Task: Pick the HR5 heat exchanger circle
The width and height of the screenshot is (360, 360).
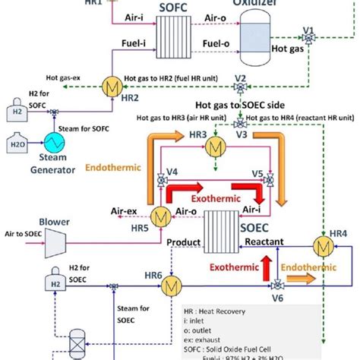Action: (160, 216)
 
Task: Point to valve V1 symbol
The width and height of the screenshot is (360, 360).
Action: (308, 34)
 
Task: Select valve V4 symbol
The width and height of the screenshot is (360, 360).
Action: (160, 182)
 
